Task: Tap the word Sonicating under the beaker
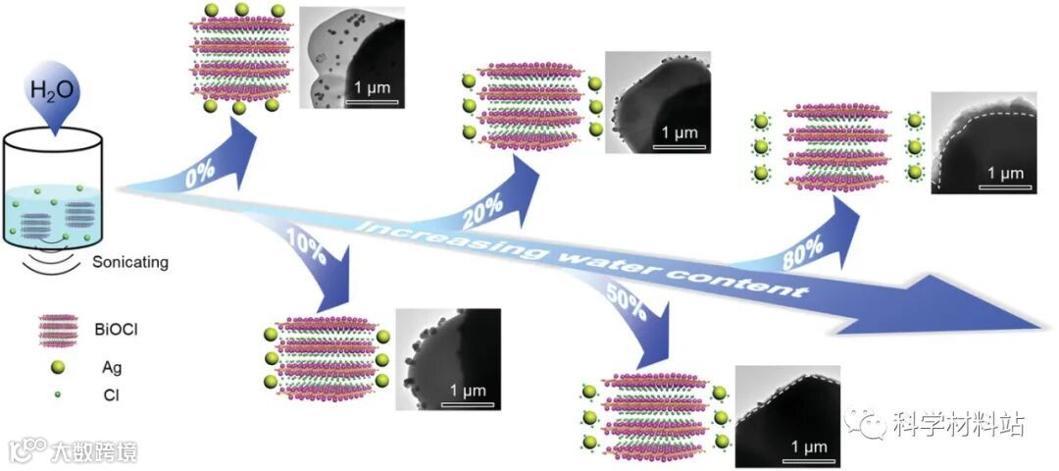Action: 129,262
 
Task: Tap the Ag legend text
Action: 108,368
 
